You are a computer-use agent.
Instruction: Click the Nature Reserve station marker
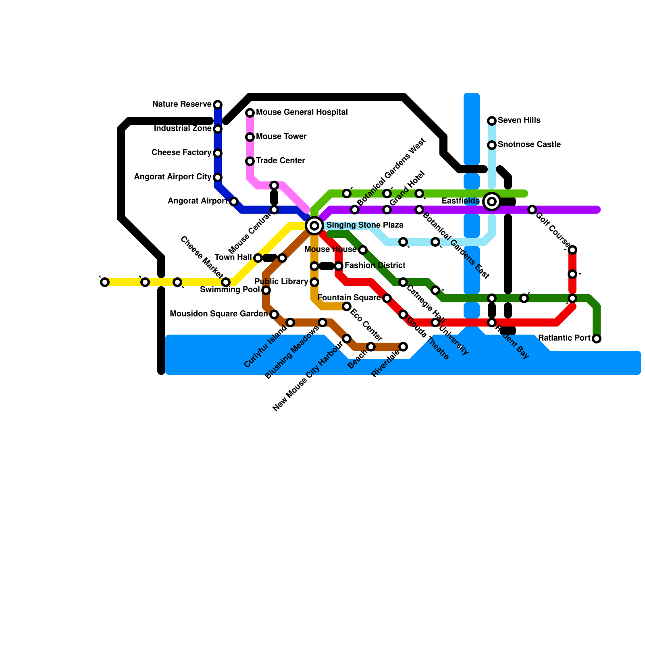tap(218, 105)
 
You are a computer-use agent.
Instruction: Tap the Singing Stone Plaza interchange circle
tap(314, 226)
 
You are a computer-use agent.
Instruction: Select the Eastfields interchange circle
tap(492, 202)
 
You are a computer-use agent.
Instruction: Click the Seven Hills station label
tap(519, 121)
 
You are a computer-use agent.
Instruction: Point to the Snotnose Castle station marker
tap(492, 145)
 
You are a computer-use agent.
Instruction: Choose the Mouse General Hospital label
tap(302, 112)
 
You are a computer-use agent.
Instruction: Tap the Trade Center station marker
tap(250, 161)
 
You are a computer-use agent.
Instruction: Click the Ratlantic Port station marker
tap(597, 339)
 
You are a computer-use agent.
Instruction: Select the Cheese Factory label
tap(181, 153)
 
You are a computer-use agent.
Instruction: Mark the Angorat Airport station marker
tap(234, 202)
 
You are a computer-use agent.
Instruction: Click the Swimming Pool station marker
tap(266, 290)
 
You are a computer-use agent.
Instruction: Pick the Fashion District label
tap(375, 266)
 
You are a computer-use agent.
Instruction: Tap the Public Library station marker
tap(314, 282)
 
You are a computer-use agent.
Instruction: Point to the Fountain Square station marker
tap(387, 298)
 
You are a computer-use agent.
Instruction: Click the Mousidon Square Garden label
tap(218, 314)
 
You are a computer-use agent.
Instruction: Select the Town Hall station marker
tap(258, 258)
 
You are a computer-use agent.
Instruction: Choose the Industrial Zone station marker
tap(218, 129)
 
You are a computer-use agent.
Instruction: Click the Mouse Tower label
tap(281, 137)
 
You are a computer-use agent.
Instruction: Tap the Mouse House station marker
tap(363, 250)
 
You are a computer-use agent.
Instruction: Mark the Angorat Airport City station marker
tap(218, 177)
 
